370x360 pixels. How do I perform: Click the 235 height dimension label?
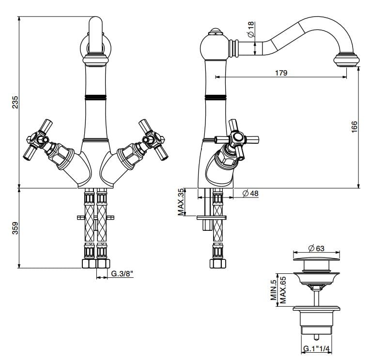click(15, 103)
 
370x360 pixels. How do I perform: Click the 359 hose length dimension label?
click(15, 227)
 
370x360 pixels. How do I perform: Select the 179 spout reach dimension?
click(281, 73)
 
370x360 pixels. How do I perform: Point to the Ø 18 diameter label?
click(251, 30)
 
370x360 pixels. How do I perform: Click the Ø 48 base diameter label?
click(250, 194)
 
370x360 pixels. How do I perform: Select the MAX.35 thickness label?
click(181, 202)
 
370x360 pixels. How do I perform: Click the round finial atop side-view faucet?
click(214, 34)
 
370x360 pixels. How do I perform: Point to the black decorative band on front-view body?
click(95, 97)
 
